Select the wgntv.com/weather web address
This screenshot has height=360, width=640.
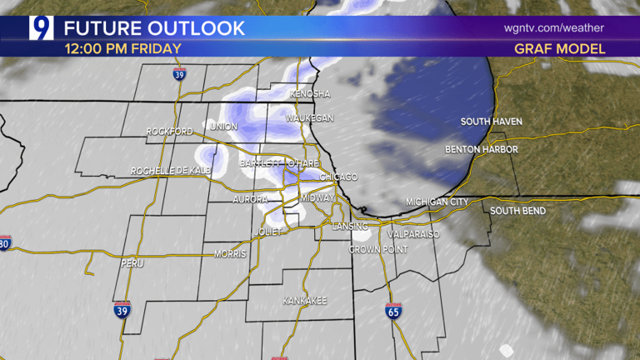554,28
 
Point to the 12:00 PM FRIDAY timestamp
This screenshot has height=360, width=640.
122,48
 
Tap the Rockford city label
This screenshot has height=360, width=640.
169,132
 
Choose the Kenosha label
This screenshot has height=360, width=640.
310,94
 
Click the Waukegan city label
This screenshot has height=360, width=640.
311,118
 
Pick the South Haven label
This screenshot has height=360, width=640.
492,122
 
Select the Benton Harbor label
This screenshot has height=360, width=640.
481,149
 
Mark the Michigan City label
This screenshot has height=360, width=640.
437,202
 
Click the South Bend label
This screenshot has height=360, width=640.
517,211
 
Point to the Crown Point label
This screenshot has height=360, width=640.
375,249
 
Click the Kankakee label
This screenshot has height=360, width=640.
304,300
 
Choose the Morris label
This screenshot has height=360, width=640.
230,253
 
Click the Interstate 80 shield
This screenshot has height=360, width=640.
5,244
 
